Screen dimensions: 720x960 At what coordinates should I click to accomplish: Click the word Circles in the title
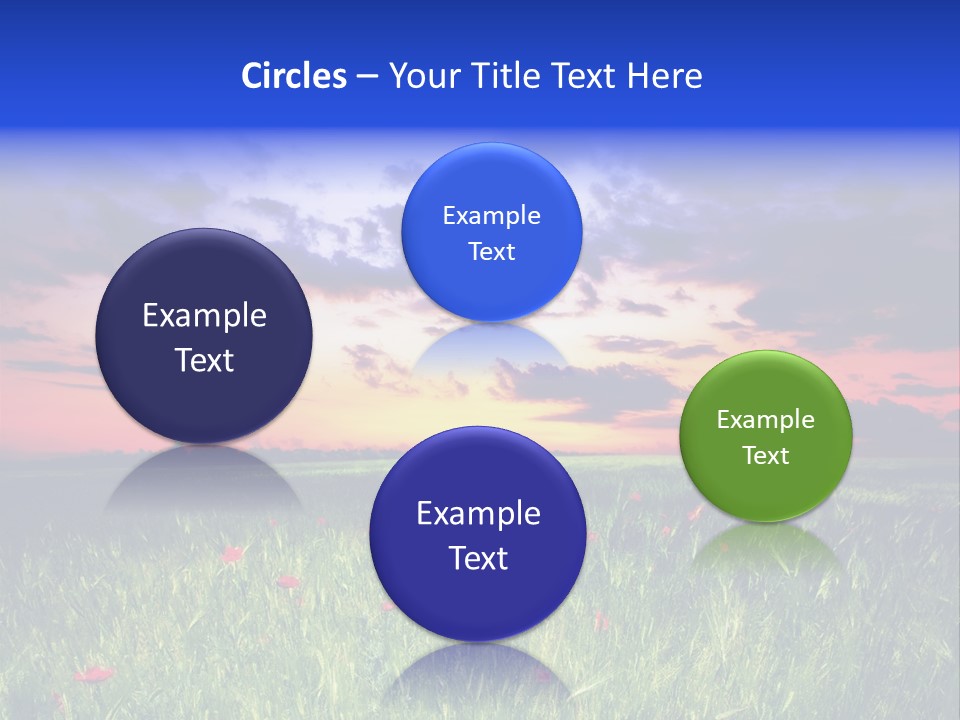294,76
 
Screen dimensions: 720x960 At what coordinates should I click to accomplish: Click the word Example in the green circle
766,420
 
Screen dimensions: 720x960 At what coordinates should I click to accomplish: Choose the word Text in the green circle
766,456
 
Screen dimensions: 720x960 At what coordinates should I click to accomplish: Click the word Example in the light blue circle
492,216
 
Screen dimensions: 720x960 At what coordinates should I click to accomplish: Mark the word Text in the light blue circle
492,252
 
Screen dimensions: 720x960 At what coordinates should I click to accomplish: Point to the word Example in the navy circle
205,316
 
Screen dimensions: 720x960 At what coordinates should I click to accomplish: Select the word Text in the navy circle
205,360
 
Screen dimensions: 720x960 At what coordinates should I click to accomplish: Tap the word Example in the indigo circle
478,514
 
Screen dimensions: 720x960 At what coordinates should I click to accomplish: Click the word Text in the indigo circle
478,558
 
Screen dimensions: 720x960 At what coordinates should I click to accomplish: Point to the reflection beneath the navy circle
204,480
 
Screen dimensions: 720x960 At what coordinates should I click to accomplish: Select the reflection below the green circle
766,545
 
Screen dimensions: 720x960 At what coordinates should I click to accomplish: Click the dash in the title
367,77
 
